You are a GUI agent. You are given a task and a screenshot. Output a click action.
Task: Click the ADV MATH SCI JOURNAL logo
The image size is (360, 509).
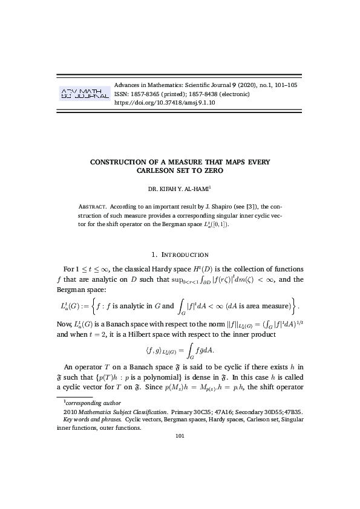coord(83,94)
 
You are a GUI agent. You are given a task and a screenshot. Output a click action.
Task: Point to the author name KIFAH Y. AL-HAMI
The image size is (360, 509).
coord(184,189)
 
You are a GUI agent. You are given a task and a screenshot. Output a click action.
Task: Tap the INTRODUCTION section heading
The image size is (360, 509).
coord(184,254)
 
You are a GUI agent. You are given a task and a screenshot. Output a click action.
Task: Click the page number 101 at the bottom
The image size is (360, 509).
coord(180,435)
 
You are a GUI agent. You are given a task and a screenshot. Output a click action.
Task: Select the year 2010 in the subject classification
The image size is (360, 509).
coord(70,411)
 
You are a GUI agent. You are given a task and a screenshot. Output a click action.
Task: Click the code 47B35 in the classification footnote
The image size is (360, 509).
coord(294,411)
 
